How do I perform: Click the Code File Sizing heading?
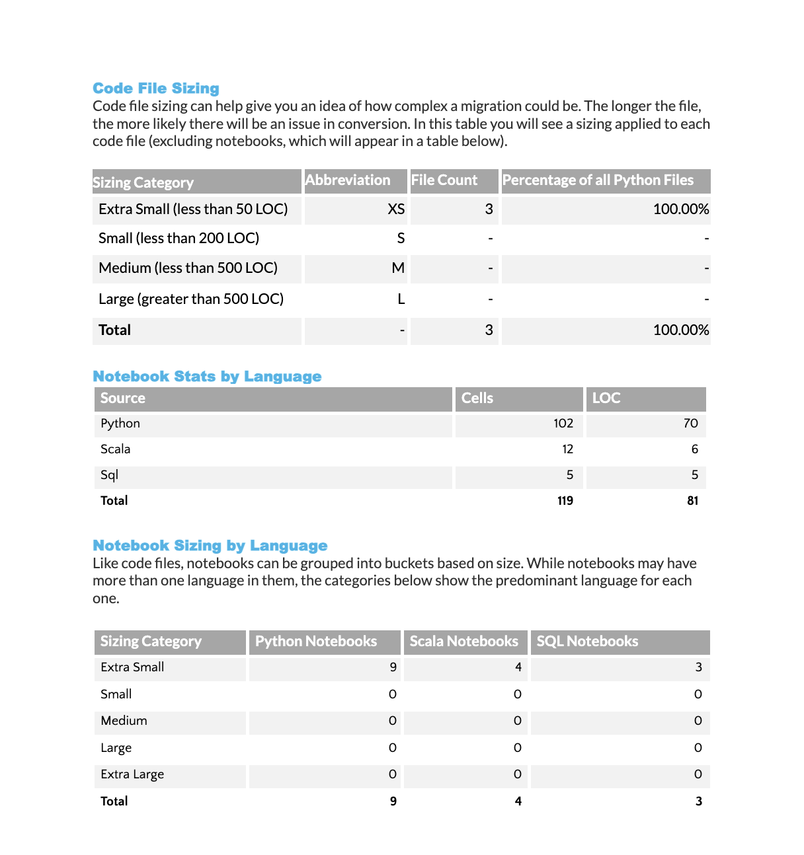click(x=155, y=89)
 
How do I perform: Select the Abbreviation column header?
click(x=348, y=180)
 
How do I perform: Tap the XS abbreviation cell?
click(x=395, y=209)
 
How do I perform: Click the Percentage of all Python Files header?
click(x=598, y=180)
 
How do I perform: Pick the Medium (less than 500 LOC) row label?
click(x=188, y=268)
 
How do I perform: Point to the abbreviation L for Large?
click(x=401, y=299)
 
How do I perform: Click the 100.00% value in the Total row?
click(x=680, y=330)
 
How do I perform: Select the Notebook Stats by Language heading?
click(x=207, y=377)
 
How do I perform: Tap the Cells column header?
click(x=477, y=398)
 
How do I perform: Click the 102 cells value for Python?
click(x=563, y=424)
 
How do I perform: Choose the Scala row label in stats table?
click(x=116, y=449)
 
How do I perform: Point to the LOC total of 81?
click(x=692, y=501)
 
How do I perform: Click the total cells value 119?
click(x=565, y=501)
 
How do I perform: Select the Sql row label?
click(x=110, y=475)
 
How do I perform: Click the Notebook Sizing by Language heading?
click(x=210, y=546)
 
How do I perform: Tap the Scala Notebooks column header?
click(x=463, y=642)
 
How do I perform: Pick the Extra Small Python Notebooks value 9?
click(x=393, y=667)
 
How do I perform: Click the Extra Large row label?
click(x=132, y=774)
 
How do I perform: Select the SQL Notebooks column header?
click(x=587, y=642)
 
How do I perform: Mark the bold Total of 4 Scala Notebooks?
click(x=518, y=801)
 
